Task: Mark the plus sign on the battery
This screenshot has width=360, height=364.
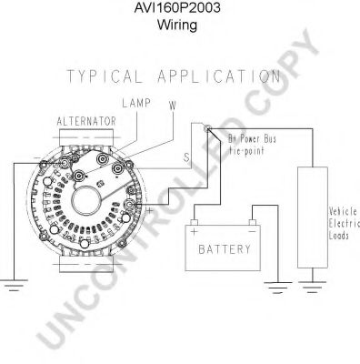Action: tap(195, 232)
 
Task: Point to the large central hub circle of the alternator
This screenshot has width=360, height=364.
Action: tap(99, 199)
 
